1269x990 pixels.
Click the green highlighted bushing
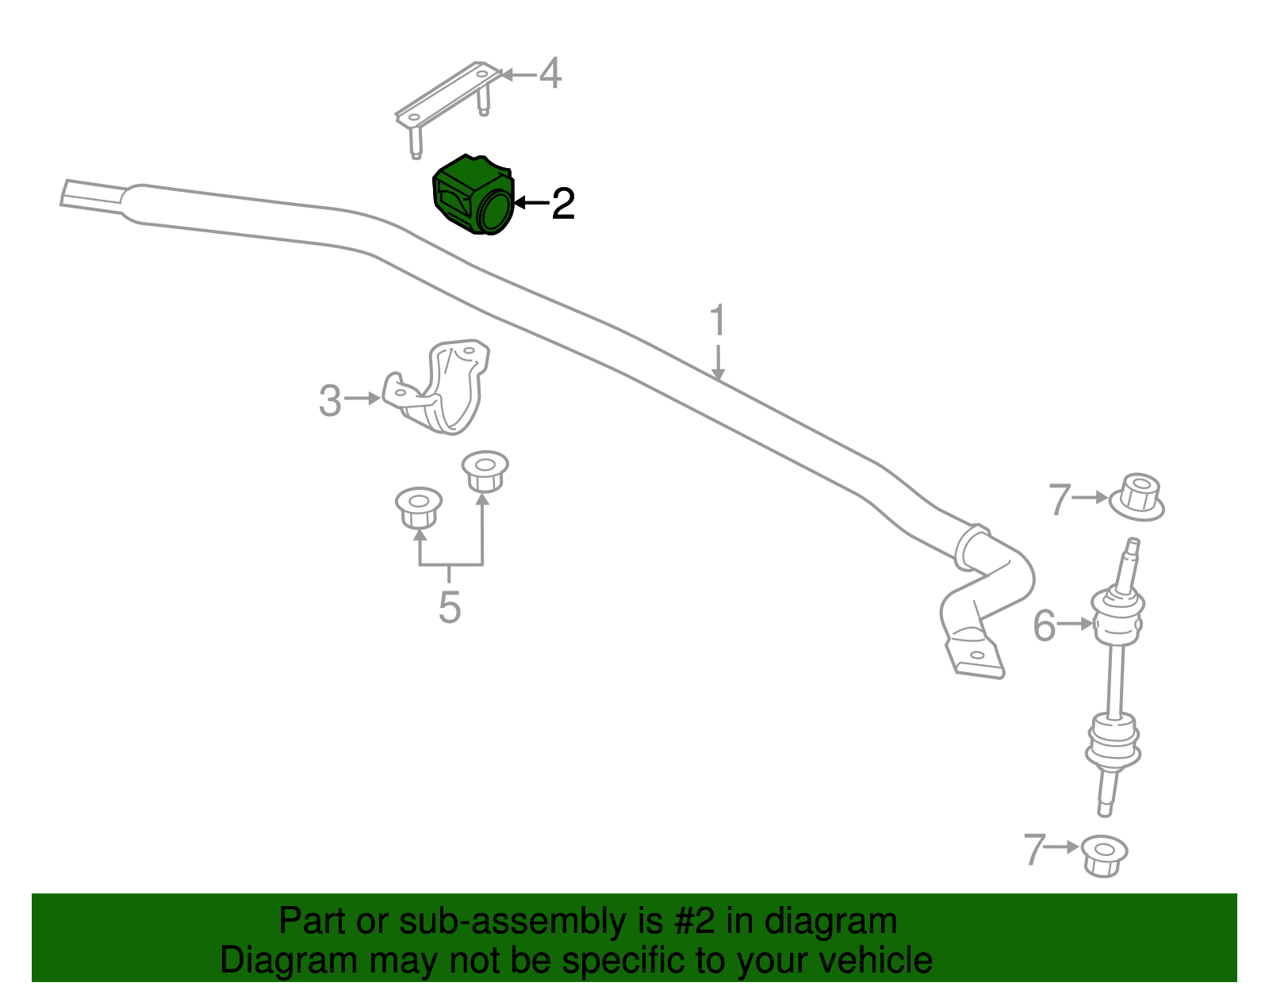(x=473, y=196)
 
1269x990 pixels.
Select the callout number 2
(x=563, y=204)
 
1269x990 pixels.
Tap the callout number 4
(x=550, y=74)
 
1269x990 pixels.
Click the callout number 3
(x=330, y=401)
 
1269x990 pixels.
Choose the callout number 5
(x=450, y=607)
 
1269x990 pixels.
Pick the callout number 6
(x=1045, y=626)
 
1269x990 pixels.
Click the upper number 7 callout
(x=1060, y=499)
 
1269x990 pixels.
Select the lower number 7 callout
(x=1034, y=850)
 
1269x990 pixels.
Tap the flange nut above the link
(x=1137, y=497)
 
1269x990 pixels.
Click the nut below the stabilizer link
(x=1104, y=856)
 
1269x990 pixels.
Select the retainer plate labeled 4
(x=448, y=109)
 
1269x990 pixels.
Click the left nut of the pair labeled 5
(x=418, y=507)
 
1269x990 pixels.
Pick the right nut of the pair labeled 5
(x=485, y=472)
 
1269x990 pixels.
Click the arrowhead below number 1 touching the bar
(x=719, y=375)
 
